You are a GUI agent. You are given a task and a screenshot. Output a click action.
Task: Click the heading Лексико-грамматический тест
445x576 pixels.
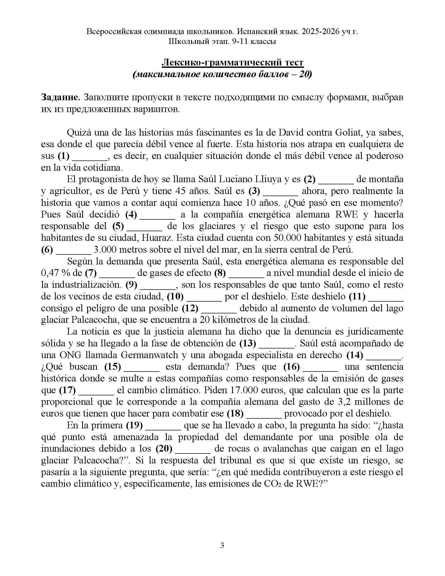[x=232, y=63]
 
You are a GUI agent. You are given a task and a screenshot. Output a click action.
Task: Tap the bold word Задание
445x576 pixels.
[x=61, y=97]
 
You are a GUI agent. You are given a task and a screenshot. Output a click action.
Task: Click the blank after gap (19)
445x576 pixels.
[x=163, y=425]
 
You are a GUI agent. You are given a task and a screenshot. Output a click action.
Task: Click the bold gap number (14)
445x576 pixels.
[x=355, y=355]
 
